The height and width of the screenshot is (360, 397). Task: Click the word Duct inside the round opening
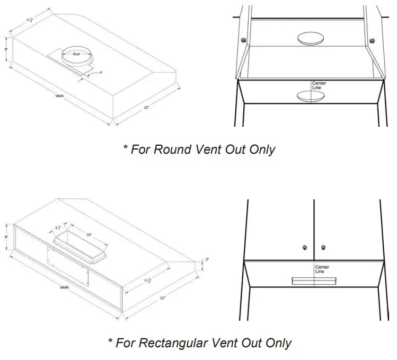click(76, 55)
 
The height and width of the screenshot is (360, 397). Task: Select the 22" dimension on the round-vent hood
click(146, 108)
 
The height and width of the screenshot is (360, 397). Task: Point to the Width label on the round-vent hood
click(60, 96)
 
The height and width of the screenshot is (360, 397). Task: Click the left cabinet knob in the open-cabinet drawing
click(243, 40)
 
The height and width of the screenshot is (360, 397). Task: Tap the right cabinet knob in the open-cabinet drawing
click(371, 40)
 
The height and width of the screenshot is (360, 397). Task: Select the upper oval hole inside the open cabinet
click(311, 38)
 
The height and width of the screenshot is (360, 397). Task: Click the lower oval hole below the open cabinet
click(311, 96)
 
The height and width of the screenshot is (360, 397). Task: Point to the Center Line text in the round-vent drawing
click(319, 85)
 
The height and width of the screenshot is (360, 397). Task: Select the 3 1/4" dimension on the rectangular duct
click(58, 229)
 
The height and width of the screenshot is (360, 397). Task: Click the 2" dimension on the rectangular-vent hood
click(207, 260)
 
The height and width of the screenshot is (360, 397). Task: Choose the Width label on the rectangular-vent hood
click(64, 287)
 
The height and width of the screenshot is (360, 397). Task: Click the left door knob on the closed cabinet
click(305, 248)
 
